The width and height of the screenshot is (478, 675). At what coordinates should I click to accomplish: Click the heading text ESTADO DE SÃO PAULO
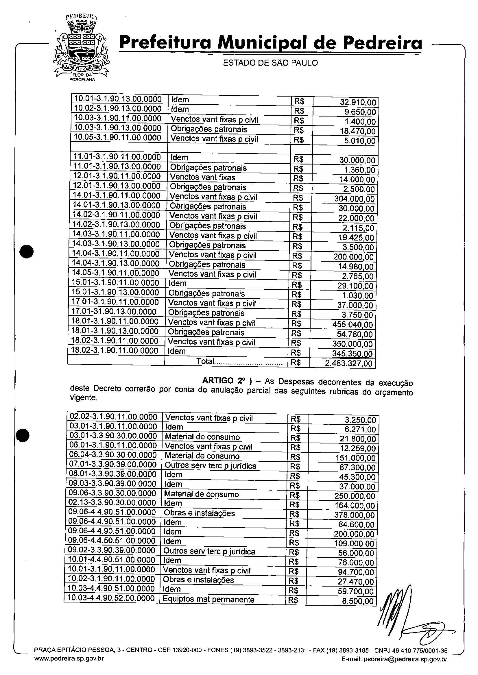coord(270,63)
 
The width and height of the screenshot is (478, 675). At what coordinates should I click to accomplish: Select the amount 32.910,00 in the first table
coord(358,102)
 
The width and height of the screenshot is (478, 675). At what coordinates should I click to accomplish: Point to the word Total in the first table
coord(205,361)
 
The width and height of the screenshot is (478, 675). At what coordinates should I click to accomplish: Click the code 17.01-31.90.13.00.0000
coord(114,312)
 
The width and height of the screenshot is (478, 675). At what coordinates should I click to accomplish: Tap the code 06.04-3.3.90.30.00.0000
coord(113,455)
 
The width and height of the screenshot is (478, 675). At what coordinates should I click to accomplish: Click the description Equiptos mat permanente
coord(208,599)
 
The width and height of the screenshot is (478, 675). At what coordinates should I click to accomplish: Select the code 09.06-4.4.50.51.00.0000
coord(112,541)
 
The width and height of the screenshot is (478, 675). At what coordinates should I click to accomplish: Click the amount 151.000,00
coord(355,458)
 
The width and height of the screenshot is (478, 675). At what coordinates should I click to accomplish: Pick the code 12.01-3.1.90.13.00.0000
coord(117,186)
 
